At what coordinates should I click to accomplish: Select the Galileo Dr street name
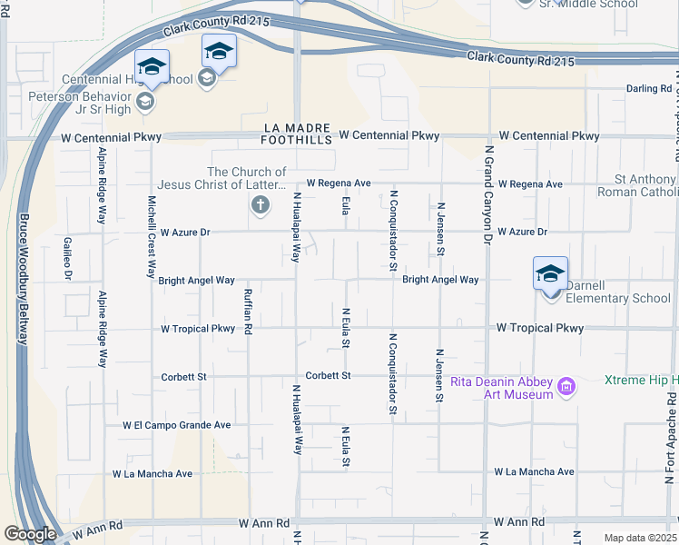click(68, 257)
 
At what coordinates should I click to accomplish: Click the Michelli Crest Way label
click(152, 236)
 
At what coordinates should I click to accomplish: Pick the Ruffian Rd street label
click(247, 311)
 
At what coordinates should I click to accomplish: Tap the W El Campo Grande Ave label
click(177, 425)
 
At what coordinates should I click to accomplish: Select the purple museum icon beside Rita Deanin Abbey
click(567, 388)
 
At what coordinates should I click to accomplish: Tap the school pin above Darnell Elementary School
click(550, 273)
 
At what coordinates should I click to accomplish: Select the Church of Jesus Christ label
click(246, 179)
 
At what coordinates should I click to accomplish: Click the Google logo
click(29, 534)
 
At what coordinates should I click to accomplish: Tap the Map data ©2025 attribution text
click(640, 538)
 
